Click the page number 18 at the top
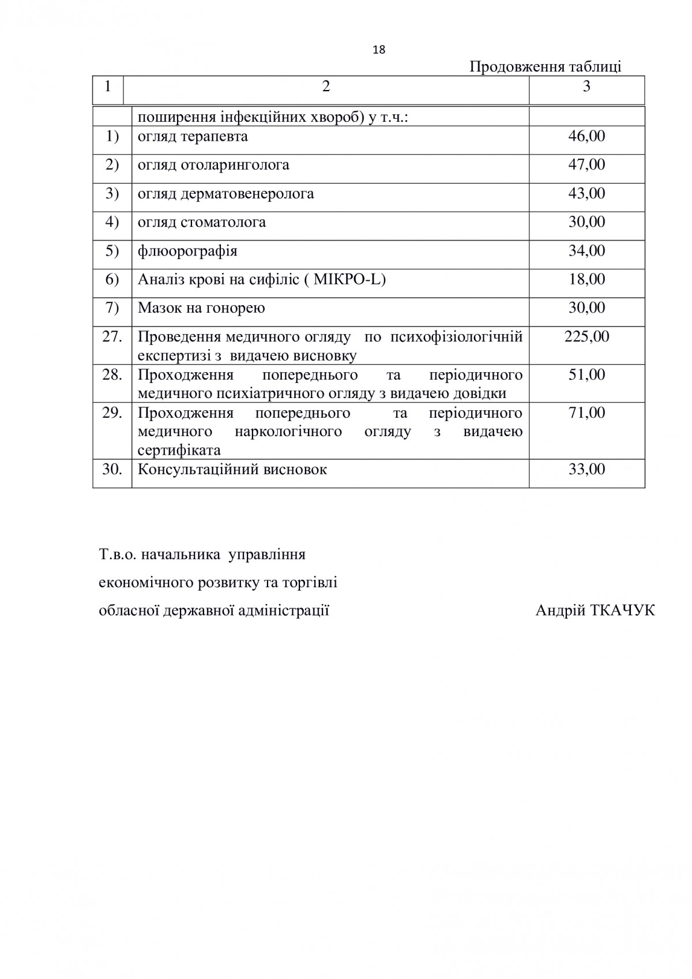tap(379, 50)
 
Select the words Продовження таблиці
tap(545, 67)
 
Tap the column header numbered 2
tap(326, 87)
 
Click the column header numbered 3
tap(586, 87)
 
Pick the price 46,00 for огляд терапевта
tap(586, 136)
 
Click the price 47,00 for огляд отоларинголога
tap(586, 164)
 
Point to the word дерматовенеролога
tap(247, 193)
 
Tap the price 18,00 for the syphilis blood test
tap(586, 279)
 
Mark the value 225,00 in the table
tap(586, 336)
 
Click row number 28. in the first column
tap(112, 375)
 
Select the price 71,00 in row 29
tap(586, 413)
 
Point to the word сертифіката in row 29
tap(179, 450)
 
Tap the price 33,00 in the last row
tap(586, 470)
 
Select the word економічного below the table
tap(145, 583)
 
